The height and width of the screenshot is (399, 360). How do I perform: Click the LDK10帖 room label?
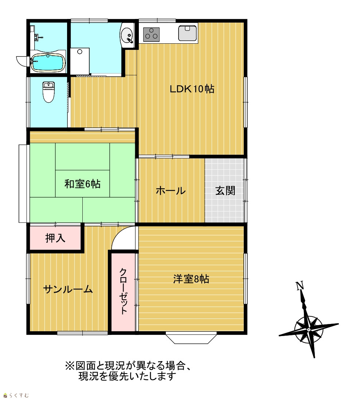point(192,89)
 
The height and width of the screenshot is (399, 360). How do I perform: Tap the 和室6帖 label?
point(82,184)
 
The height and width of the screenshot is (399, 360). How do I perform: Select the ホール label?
point(171,191)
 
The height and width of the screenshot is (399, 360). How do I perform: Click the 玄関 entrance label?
point(225,191)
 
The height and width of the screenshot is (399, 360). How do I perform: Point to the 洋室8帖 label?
point(191,279)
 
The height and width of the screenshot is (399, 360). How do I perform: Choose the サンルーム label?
point(68,289)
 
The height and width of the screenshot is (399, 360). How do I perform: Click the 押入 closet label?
point(55,238)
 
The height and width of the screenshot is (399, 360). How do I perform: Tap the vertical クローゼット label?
point(123,291)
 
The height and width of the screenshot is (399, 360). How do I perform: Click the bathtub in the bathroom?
point(48,62)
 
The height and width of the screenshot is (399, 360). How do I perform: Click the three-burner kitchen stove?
point(151,34)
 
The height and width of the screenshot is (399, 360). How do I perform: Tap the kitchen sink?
point(188,33)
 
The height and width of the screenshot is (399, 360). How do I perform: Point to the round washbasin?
point(127,35)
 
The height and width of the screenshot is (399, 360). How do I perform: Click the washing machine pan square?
point(80,61)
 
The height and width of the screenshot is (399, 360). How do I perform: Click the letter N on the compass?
point(300,286)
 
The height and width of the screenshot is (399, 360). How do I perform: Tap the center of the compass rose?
point(309,330)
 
